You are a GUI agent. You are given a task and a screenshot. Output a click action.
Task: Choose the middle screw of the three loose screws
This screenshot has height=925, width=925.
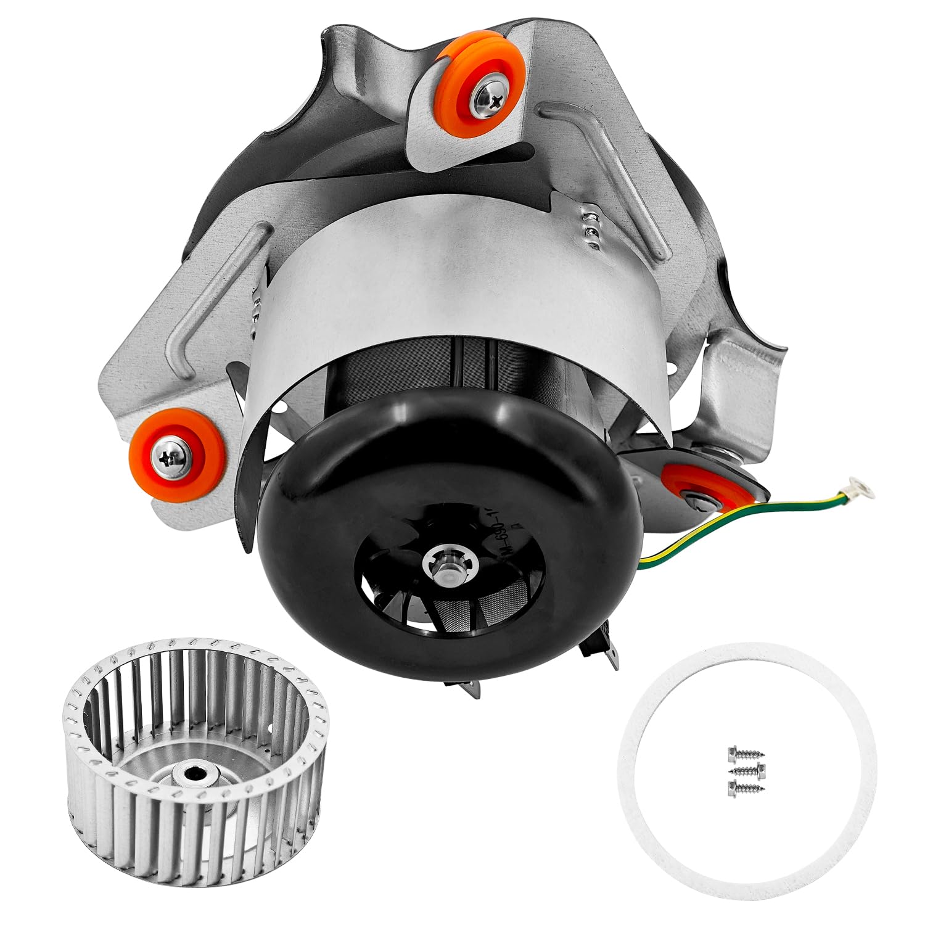tap(746, 770)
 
